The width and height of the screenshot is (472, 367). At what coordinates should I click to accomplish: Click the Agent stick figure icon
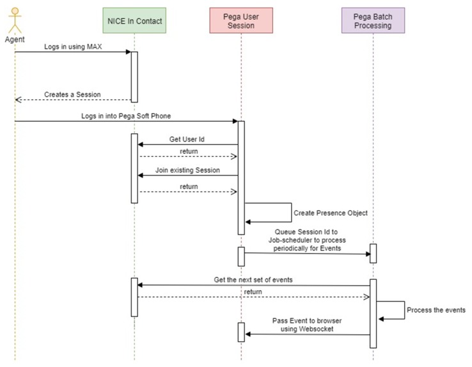click(x=15, y=19)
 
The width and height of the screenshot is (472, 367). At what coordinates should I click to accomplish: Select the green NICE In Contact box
click(x=134, y=22)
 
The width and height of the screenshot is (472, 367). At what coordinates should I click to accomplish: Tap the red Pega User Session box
click(x=241, y=22)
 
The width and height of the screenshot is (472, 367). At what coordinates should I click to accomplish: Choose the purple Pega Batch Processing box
click(x=373, y=22)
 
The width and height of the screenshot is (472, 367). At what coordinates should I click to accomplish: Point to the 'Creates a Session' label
click(x=72, y=95)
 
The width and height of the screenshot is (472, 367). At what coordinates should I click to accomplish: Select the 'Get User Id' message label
click(x=187, y=139)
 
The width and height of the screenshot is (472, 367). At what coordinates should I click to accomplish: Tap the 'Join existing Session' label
click(x=186, y=170)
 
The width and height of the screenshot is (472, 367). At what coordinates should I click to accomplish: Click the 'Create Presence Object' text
click(x=331, y=213)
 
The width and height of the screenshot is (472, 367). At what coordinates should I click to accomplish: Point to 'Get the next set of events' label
click(x=254, y=280)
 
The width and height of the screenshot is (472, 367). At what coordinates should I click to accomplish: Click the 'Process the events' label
click(x=436, y=310)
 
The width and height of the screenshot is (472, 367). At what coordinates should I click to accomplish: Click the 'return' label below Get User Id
click(x=188, y=151)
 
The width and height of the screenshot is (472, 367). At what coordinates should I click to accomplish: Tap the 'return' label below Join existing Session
click(x=188, y=186)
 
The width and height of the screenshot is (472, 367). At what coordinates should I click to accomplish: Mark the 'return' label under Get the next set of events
click(x=253, y=291)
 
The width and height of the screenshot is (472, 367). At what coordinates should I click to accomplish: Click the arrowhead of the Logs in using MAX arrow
click(x=127, y=53)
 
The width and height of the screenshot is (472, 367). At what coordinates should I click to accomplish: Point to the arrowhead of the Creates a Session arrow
click(x=18, y=100)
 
